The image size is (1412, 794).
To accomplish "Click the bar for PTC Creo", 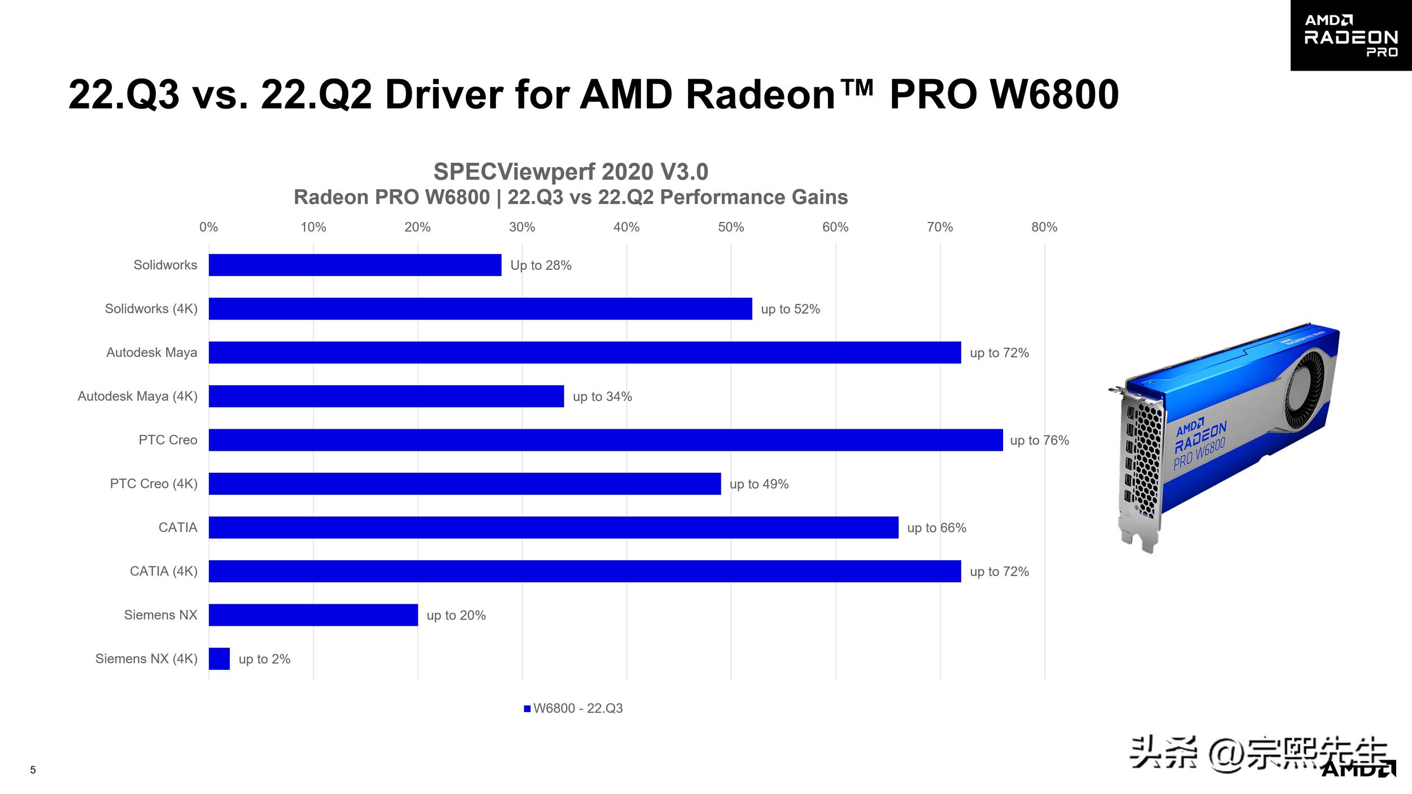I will pos(605,440).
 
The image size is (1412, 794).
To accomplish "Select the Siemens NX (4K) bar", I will pos(219,658).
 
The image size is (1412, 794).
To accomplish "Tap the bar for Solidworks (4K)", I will pos(480,308).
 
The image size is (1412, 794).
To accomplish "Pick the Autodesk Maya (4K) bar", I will pos(386,396).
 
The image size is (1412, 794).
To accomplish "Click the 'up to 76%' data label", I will pos(1039,440).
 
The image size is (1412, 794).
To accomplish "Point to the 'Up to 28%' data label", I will pos(541,265).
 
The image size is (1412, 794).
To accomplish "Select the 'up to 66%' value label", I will pos(936,528).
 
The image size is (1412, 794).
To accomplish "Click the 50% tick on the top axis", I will pos(731,227).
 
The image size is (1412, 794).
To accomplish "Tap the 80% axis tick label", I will pos(1044,227).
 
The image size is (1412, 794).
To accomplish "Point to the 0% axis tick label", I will pos(208,227).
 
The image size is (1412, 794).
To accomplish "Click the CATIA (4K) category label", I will pos(163,571).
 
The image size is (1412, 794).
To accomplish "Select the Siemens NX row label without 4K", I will pos(160,615).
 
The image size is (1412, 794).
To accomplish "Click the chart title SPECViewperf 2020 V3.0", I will pos(570,172).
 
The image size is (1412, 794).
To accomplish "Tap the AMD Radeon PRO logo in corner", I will pos(1350,36).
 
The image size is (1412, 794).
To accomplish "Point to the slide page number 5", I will pos(33,770).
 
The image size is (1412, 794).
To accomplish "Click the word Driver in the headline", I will pos(443,94).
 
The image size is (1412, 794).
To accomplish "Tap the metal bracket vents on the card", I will pos(1144,457).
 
